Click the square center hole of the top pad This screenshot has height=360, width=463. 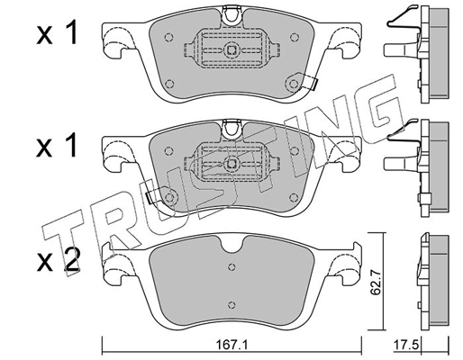click(231, 51)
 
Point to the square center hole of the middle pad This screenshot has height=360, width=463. click(231, 163)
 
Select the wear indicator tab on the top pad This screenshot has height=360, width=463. click(313, 83)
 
